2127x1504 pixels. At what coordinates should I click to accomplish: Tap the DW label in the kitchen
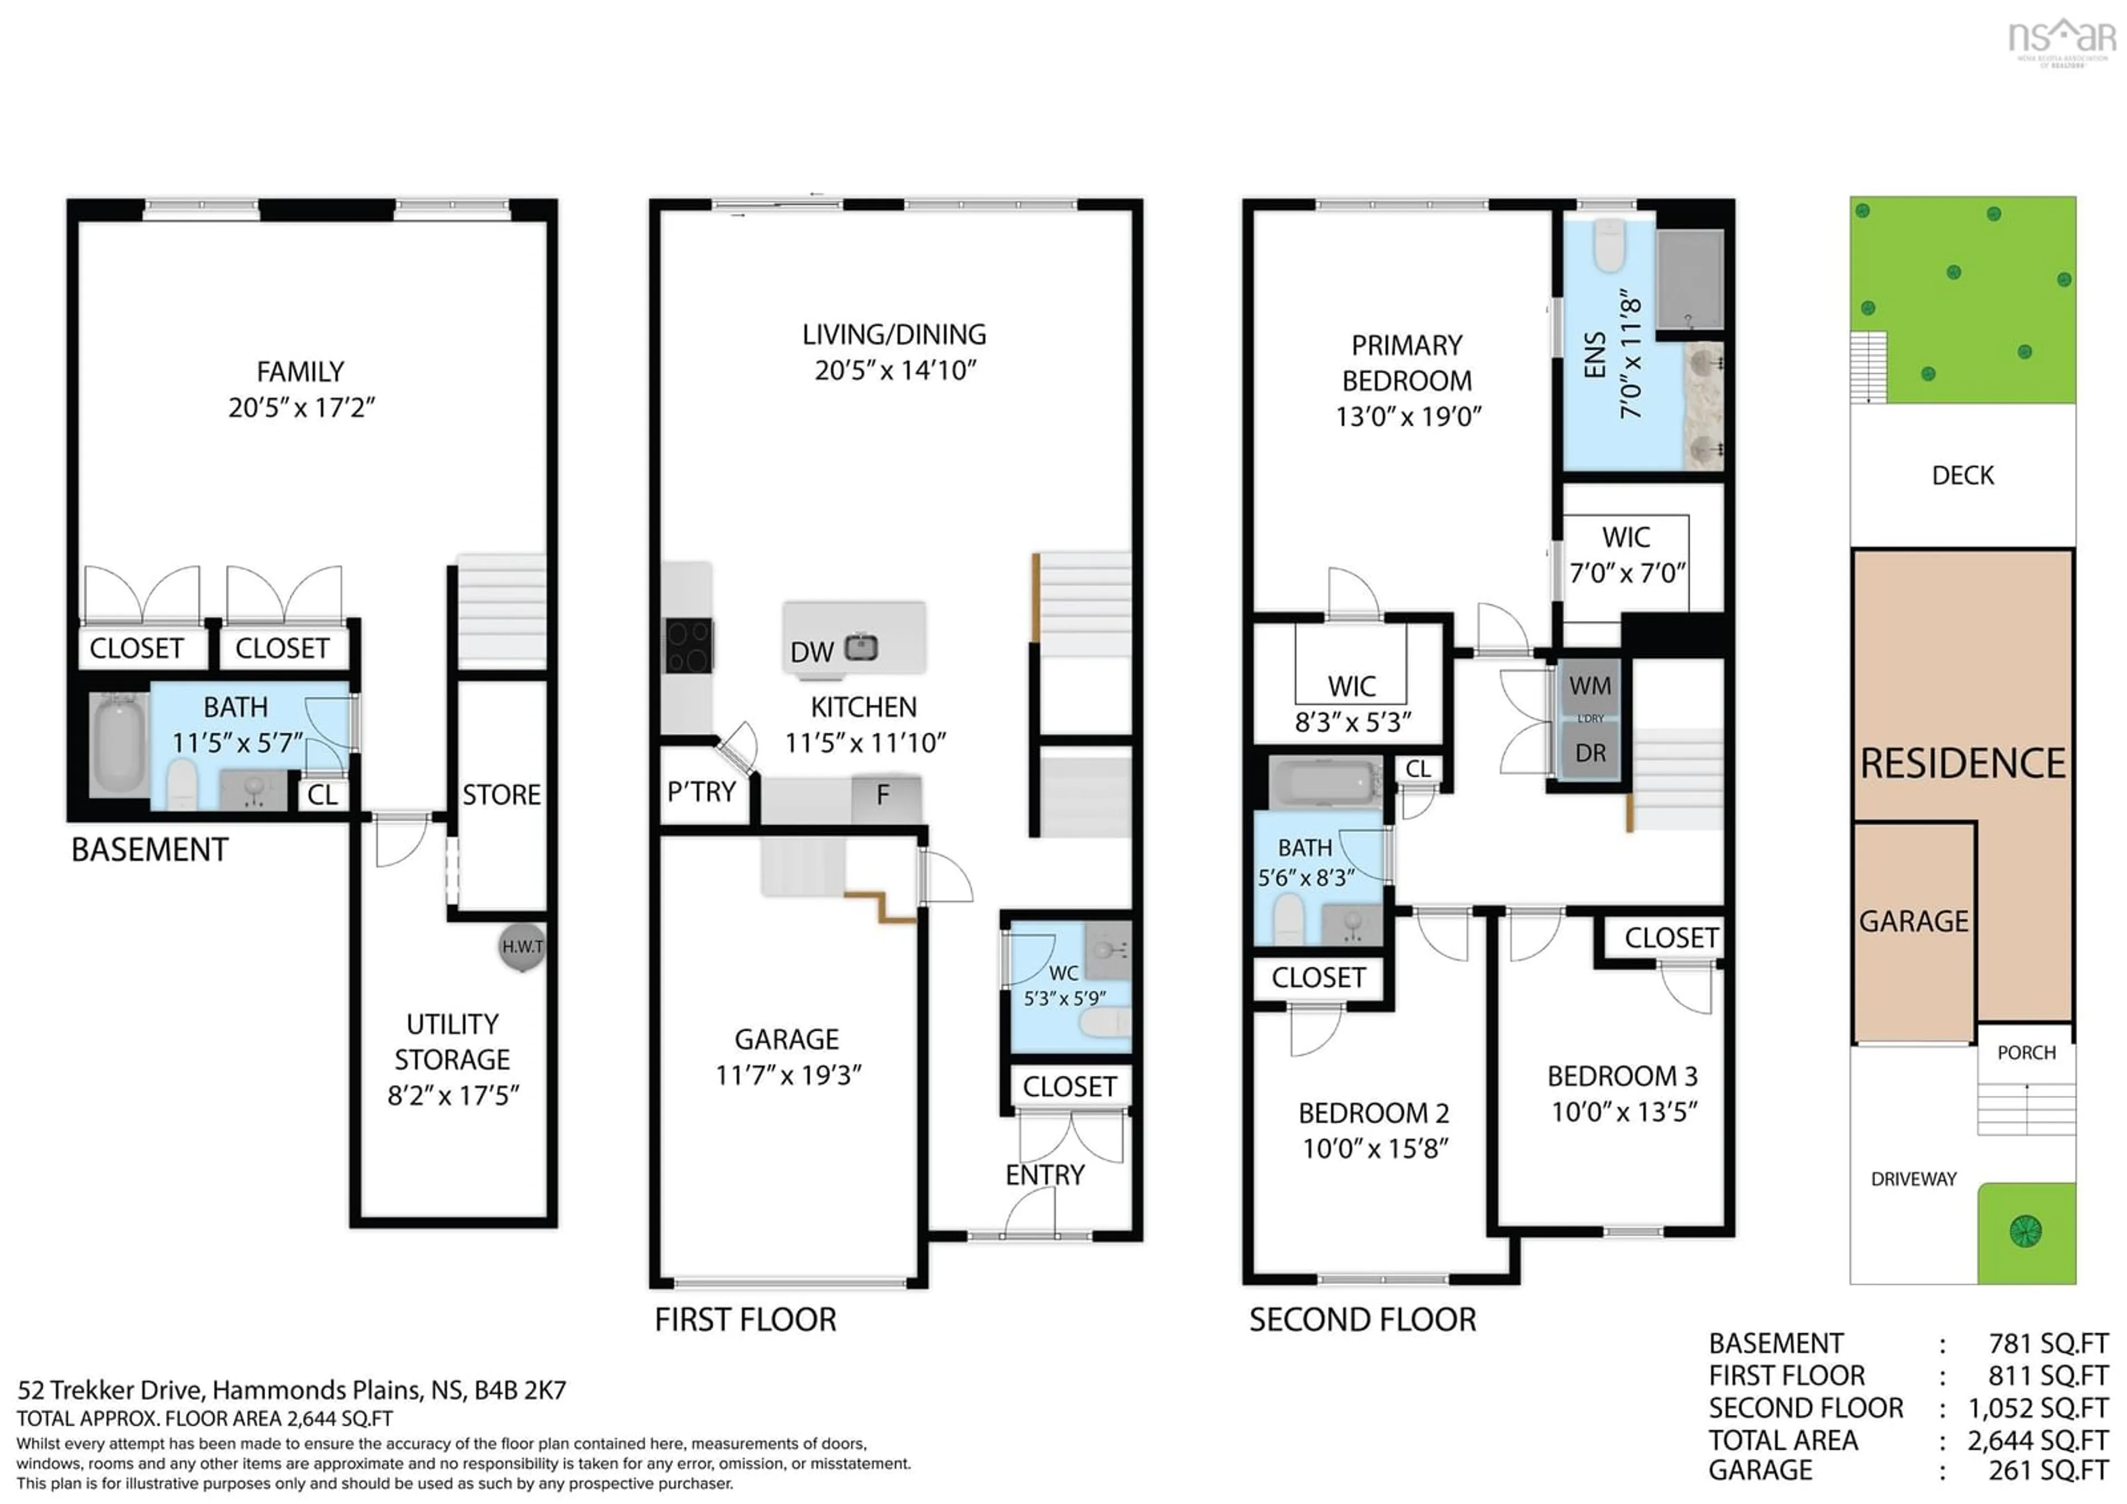811,652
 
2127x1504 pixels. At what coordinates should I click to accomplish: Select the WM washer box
1590,686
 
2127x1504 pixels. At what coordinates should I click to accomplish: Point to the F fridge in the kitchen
885,795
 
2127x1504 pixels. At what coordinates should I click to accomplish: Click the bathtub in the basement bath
119,744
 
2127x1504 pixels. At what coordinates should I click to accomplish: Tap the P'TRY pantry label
701,791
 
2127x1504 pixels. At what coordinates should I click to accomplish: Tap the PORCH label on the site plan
2026,1053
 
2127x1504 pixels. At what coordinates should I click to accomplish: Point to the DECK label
1962,475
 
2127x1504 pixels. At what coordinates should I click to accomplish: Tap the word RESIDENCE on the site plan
1962,764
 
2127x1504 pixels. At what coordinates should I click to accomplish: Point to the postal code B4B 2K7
520,1390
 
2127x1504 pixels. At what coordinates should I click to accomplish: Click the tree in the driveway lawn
2026,1231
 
